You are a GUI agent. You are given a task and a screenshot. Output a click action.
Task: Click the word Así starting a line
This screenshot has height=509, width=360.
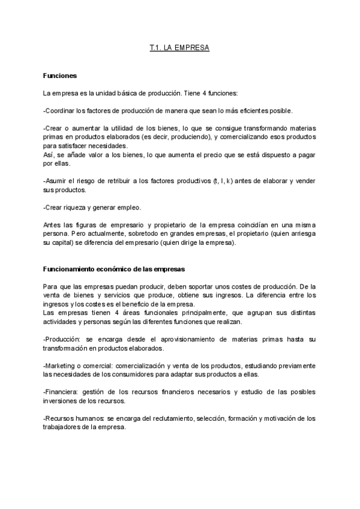pos(49,154)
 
